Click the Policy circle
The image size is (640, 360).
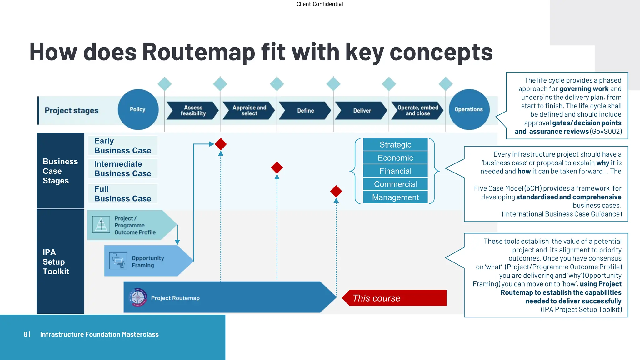(x=138, y=109)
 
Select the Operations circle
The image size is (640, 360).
(x=469, y=109)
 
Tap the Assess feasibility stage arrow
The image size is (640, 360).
(x=192, y=111)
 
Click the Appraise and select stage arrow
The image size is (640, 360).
(x=249, y=111)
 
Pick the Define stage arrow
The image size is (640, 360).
(x=305, y=111)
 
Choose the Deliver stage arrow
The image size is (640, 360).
(x=361, y=111)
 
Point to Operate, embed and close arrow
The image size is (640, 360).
(x=417, y=111)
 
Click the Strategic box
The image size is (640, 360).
(x=395, y=145)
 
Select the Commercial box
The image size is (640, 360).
(x=395, y=184)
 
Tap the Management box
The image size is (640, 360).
(x=395, y=197)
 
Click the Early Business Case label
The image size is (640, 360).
(x=122, y=146)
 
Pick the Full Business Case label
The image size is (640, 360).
(x=122, y=194)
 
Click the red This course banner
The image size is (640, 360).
(x=394, y=298)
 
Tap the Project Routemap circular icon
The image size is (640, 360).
(x=138, y=297)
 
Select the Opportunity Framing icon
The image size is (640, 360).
(x=118, y=261)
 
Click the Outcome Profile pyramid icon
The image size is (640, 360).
(x=101, y=225)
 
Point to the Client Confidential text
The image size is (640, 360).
(x=319, y=4)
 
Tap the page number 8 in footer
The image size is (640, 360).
(x=25, y=334)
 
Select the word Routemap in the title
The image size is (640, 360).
(x=199, y=52)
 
